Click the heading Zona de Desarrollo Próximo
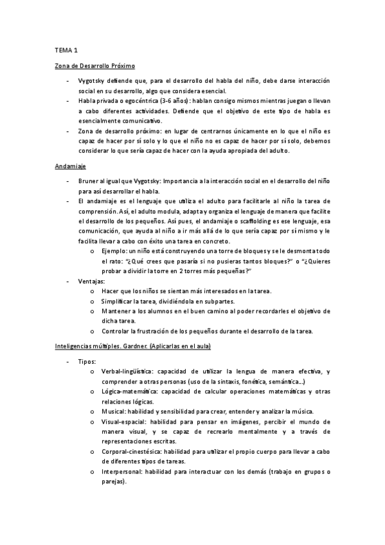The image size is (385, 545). click(94, 66)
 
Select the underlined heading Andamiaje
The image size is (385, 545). click(68, 166)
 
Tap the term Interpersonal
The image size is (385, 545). click(122, 472)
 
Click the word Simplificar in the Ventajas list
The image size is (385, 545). click(119, 301)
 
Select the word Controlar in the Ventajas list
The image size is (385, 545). click(118, 331)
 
